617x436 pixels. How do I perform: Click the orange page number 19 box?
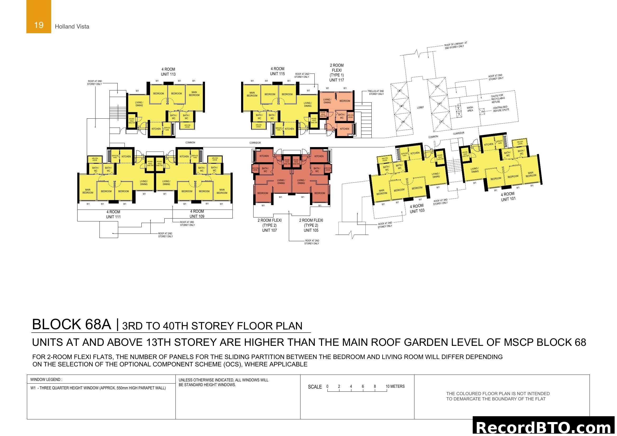pos(39,17)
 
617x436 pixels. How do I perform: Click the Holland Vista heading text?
pos(72,26)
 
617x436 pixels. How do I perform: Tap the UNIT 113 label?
pos(168,74)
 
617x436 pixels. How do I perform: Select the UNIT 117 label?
pos(336,80)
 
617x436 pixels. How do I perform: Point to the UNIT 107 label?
pos(269,230)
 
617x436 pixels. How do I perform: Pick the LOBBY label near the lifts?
pos(420,107)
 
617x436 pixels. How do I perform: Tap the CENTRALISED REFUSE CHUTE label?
pos(501,109)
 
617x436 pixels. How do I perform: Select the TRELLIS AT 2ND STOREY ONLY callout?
pos(376,93)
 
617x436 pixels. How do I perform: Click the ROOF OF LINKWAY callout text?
pos(456,45)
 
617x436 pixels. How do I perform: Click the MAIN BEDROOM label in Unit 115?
pos(252,94)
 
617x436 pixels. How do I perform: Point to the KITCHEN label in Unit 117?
pos(344,129)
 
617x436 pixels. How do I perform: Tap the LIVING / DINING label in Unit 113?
pos(139,104)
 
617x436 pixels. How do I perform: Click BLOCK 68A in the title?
pos(71,324)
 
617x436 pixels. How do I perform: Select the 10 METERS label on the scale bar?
pos(395,386)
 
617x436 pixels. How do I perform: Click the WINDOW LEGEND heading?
pos(46,379)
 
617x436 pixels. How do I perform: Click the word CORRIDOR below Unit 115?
pos(255,143)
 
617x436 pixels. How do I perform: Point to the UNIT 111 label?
pos(113,217)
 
